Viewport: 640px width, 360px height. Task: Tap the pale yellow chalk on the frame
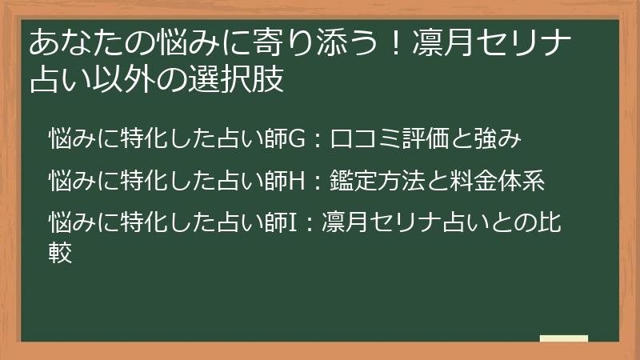pos(564,340)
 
